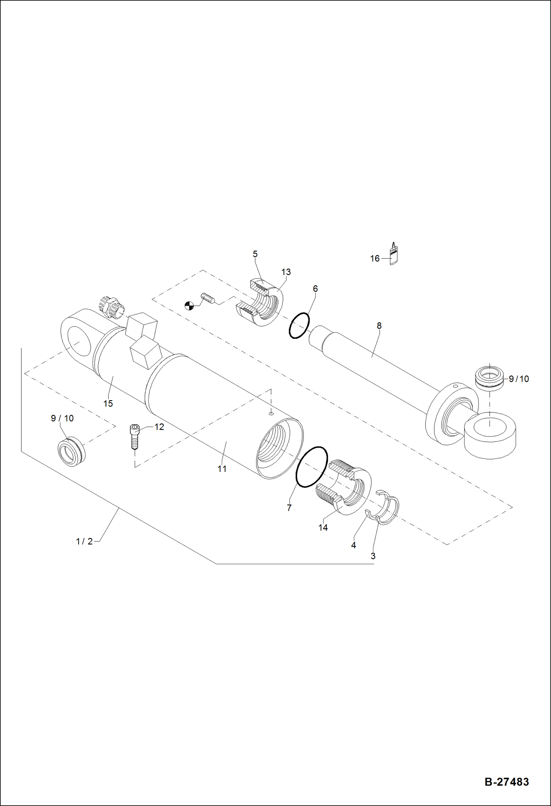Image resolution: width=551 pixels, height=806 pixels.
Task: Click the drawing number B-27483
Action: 506,781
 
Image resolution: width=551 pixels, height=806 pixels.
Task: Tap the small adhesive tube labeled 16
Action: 394,254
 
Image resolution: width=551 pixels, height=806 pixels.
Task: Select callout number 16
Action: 374,259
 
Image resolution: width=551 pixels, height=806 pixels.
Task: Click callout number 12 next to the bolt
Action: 159,427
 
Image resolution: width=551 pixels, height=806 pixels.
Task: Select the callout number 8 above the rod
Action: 379,326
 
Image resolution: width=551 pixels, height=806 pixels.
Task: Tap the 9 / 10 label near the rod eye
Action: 519,379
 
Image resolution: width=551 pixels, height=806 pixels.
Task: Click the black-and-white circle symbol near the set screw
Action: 189,305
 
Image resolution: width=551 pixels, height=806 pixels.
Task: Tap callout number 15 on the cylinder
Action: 108,404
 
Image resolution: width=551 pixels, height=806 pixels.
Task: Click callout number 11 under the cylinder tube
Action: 222,469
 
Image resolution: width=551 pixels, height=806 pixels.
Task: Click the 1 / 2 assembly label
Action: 84,541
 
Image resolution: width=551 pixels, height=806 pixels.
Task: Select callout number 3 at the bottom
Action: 373,556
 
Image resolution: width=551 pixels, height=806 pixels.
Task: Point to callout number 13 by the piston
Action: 286,272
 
